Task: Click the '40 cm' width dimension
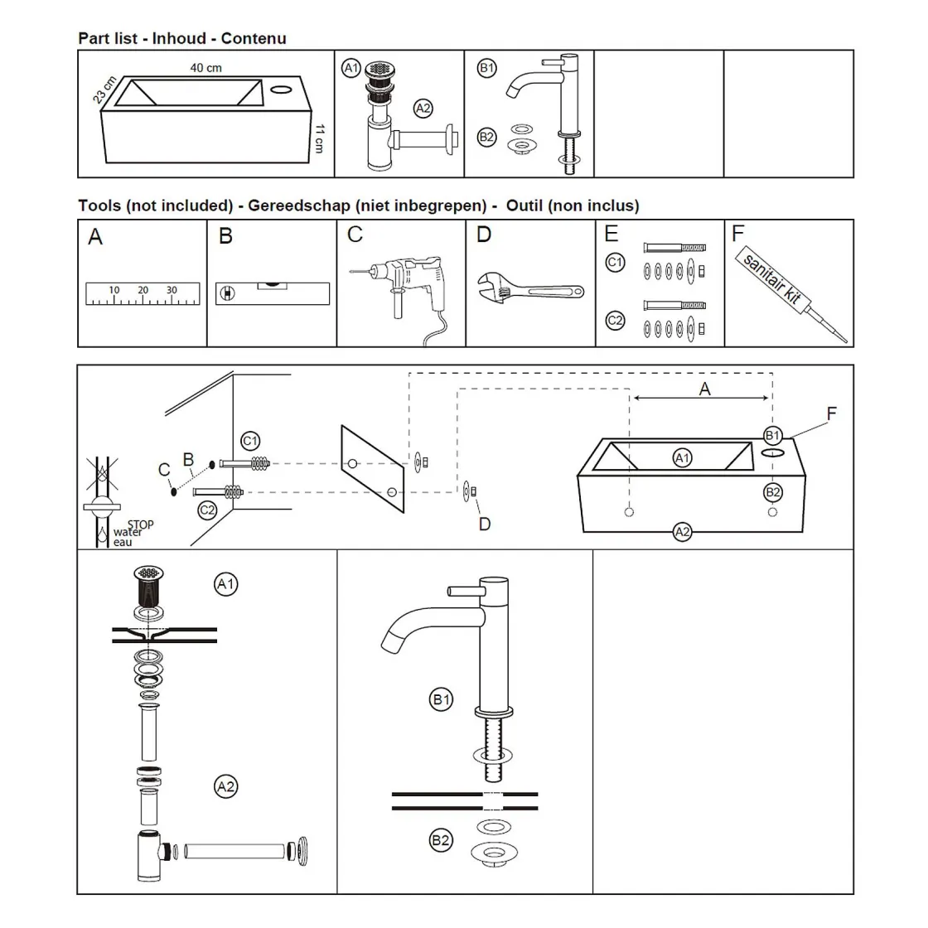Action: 206,68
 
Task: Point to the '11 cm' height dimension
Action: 319,138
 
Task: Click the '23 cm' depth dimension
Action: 103,88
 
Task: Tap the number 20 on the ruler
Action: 143,290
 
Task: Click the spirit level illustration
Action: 273,292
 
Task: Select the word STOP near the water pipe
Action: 141,524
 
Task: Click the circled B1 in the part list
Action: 487,69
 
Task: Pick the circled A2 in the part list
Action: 423,108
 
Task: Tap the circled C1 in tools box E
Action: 614,263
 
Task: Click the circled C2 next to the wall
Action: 206,510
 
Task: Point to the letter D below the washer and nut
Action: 484,524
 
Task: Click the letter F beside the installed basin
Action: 832,413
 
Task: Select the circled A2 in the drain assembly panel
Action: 225,785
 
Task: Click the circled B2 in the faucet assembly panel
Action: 442,840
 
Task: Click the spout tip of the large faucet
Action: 387,644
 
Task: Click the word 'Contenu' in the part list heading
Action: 254,38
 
